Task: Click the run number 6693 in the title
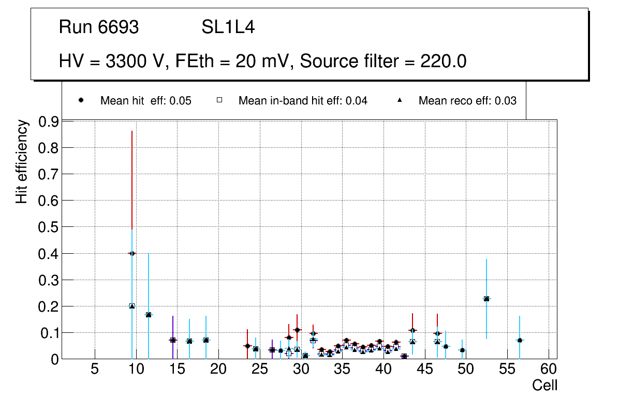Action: pos(119,27)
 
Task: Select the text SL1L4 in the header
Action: pos(228,27)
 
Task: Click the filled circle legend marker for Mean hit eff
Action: pos(81,100)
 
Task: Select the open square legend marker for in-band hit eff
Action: pos(219,100)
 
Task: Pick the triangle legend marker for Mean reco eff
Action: pos(400,100)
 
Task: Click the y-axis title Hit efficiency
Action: pos(21,161)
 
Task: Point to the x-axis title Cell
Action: pos(544,385)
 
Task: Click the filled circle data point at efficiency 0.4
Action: pos(132,253)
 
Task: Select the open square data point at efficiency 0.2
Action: pos(132,306)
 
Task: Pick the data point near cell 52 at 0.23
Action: pos(487,299)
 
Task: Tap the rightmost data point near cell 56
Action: pos(520,340)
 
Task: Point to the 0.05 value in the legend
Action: pos(181,101)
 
